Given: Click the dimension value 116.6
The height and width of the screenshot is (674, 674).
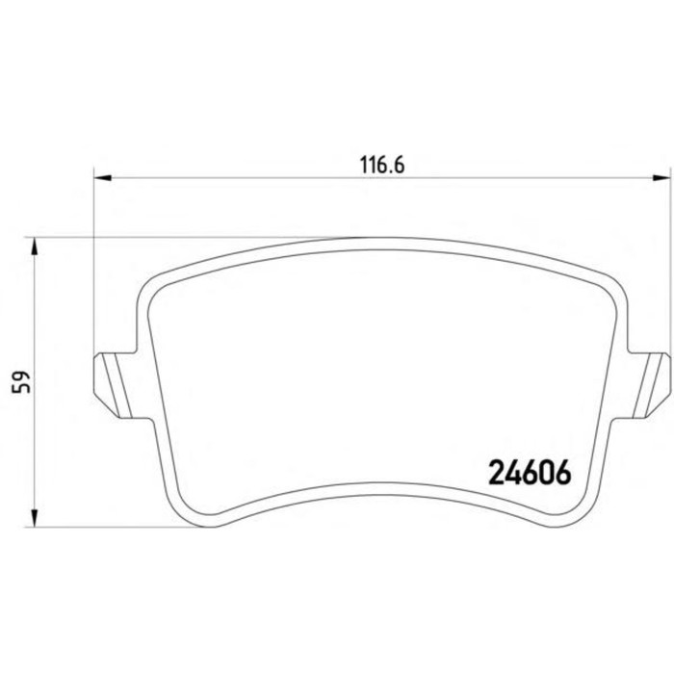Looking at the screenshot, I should (x=380, y=165).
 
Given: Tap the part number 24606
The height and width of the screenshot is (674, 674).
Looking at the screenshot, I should (x=531, y=472).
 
